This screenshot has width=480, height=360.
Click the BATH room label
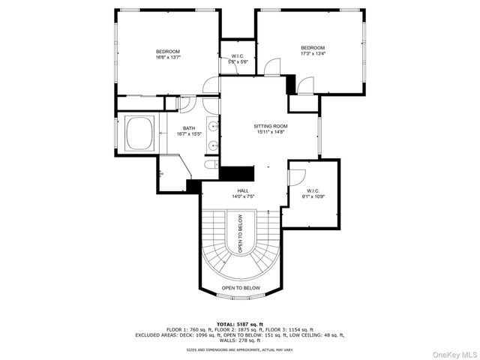pyautogui.click(x=188, y=128)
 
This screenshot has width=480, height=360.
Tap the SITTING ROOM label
pyautogui.click(x=271, y=126)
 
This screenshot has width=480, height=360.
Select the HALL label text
pyautogui.click(x=243, y=190)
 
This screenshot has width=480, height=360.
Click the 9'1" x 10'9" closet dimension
pyautogui.click(x=313, y=196)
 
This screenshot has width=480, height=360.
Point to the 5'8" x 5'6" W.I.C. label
pyautogui.click(x=238, y=59)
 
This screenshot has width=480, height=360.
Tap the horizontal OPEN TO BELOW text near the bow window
pyautogui.click(x=241, y=288)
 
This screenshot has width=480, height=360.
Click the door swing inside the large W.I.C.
pyautogui.click(x=297, y=177)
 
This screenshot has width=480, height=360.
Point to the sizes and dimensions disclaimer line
pyautogui.click(x=240, y=349)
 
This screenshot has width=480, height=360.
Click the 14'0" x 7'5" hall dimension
pyautogui.click(x=243, y=196)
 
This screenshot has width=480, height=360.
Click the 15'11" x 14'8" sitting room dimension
pyautogui.click(x=271, y=132)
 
